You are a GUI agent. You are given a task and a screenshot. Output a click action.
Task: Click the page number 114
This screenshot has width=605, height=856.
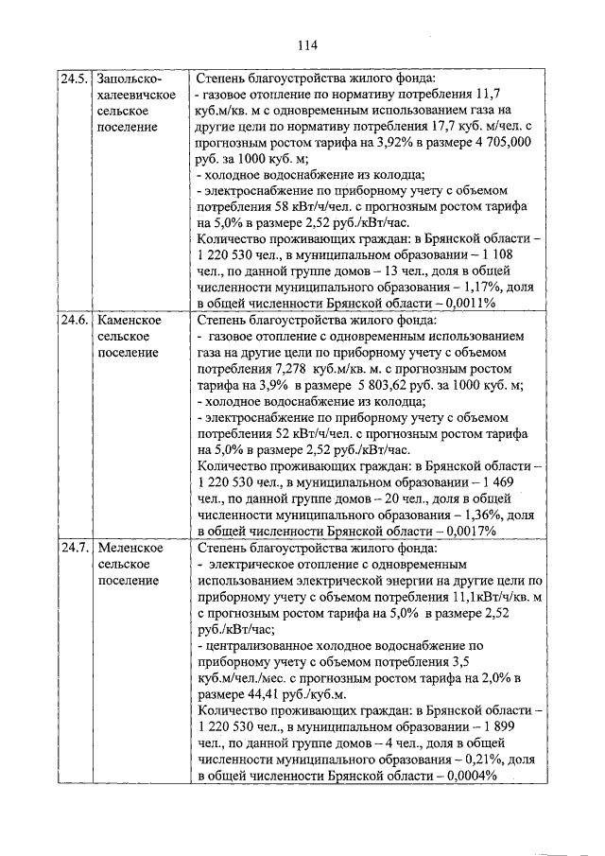(305, 45)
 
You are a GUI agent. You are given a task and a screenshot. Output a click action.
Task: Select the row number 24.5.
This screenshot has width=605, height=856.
(75, 79)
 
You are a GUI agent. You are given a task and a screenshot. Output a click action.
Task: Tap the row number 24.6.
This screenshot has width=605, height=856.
(75, 321)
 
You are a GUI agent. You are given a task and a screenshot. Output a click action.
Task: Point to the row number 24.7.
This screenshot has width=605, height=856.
(75, 548)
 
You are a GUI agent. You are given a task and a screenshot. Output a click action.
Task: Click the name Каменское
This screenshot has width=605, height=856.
(130, 321)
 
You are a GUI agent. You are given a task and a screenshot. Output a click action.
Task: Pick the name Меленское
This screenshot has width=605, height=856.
(130, 548)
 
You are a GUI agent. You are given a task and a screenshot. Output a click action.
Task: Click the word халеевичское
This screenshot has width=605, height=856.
(133, 95)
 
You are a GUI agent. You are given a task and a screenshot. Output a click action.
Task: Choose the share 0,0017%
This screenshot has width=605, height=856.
(467, 531)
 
